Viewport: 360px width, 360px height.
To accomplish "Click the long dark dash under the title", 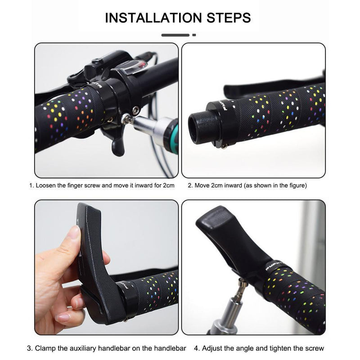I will [175, 35].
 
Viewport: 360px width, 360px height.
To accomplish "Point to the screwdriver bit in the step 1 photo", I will [129, 118].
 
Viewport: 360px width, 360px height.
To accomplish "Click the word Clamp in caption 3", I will [45, 348].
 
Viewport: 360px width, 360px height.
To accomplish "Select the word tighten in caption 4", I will [275, 348].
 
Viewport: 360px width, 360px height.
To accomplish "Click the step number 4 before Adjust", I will [196, 348].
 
